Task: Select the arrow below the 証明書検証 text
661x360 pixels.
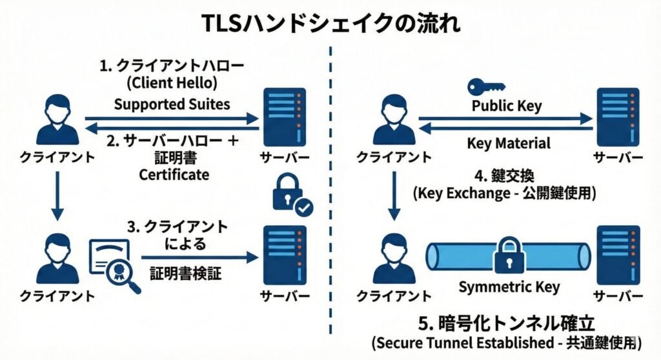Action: click(x=194, y=257)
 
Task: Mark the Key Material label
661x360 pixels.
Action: click(x=509, y=143)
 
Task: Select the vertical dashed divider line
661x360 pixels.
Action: click(x=330, y=194)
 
